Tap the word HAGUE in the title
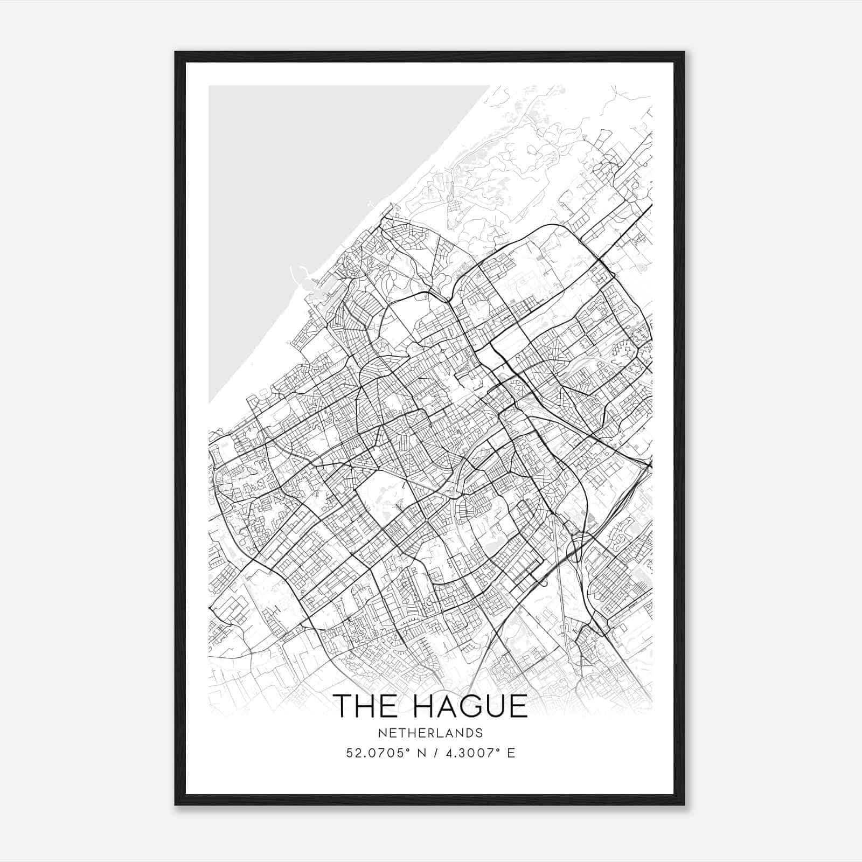(470, 706)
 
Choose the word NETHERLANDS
(430, 733)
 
